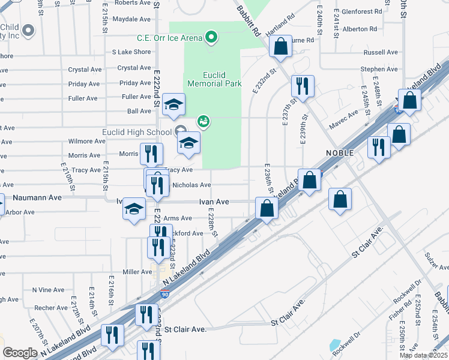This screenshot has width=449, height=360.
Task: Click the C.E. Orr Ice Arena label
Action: (x=169, y=38)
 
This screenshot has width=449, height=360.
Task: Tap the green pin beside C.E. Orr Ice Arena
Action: (x=211, y=38)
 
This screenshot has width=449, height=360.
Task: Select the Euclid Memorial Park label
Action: (x=214, y=79)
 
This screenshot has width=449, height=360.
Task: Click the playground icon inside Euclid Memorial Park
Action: (x=203, y=122)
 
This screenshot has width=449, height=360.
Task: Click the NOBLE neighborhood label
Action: (x=340, y=153)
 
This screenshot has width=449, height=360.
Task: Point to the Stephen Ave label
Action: (x=379, y=70)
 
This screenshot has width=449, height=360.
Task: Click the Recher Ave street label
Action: (x=51, y=308)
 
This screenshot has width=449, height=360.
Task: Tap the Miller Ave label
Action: (x=137, y=272)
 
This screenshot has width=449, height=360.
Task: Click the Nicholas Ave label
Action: (x=191, y=185)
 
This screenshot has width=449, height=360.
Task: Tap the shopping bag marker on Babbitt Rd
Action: (x=280, y=46)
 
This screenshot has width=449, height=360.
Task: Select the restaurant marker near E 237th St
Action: (x=303, y=86)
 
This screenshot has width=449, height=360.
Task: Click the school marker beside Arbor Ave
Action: (x=134, y=209)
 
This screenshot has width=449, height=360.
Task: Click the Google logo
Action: (x=20, y=353)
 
